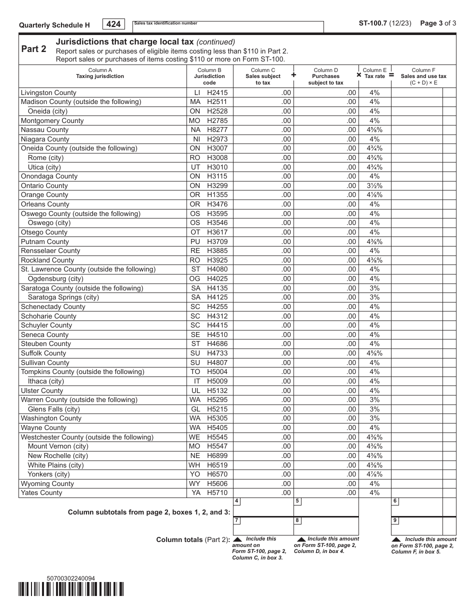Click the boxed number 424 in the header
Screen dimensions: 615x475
pyautogui.click(x=114, y=24)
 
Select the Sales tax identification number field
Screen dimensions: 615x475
pyautogui.click(x=228, y=27)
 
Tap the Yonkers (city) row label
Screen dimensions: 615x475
pyautogui.click(x=48, y=474)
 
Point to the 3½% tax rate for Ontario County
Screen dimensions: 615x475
pyautogui.click(x=374, y=186)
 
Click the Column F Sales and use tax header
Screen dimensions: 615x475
pyautogui.click(x=423, y=76)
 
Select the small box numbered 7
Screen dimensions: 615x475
pyautogui.click(x=236, y=520)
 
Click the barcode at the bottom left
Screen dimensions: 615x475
pyautogui.click(x=71, y=590)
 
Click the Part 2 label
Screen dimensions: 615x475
pyautogui.click(x=34, y=49)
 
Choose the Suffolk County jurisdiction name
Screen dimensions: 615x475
pyautogui.click(x=43, y=353)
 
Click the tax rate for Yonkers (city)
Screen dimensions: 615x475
pyautogui.click(x=374, y=474)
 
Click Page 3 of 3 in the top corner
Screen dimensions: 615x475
pyautogui.click(x=438, y=23)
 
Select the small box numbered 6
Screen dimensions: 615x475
pyautogui.click(x=395, y=501)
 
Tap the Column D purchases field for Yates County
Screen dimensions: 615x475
pyautogui.click(x=325, y=493)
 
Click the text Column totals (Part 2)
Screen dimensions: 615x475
pyautogui.click(x=193, y=540)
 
